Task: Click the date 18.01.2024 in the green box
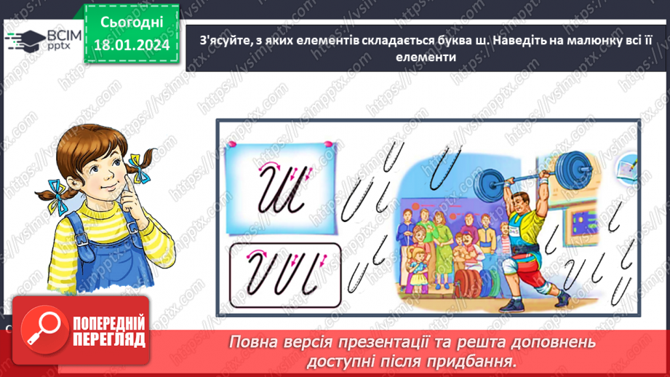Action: (x=132, y=44)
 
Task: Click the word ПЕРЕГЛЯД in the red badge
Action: (x=108, y=340)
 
